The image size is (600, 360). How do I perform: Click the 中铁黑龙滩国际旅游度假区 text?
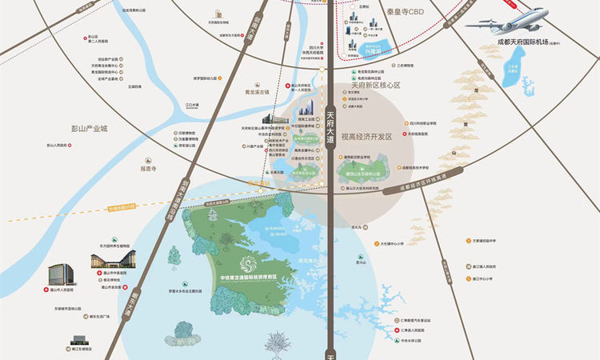250,278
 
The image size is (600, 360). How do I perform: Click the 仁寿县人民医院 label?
415,330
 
